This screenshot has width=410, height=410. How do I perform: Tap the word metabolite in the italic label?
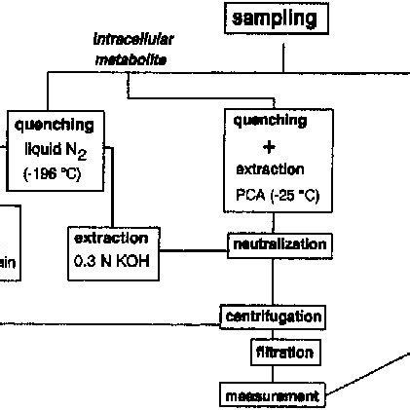pos(131,59)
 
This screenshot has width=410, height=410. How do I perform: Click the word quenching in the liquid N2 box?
pos(55,125)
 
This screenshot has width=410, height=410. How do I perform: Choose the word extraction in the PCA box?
pos(270,168)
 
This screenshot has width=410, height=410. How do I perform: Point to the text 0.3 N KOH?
pos(112,261)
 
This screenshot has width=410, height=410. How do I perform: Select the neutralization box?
pos(278,244)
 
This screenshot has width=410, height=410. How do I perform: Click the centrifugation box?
pos(272,317)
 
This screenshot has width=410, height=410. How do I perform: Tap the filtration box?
pos(284,352)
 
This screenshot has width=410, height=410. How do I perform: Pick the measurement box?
pos(271,396)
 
